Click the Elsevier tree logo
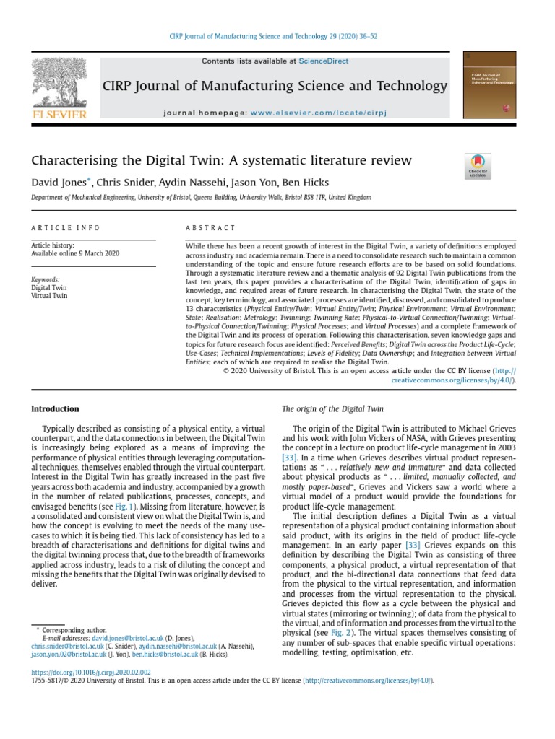57,85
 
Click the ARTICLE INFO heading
66,228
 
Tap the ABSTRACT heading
211,228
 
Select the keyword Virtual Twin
49,296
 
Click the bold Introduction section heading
55,409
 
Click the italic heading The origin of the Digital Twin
332,409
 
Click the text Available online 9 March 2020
75,254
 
